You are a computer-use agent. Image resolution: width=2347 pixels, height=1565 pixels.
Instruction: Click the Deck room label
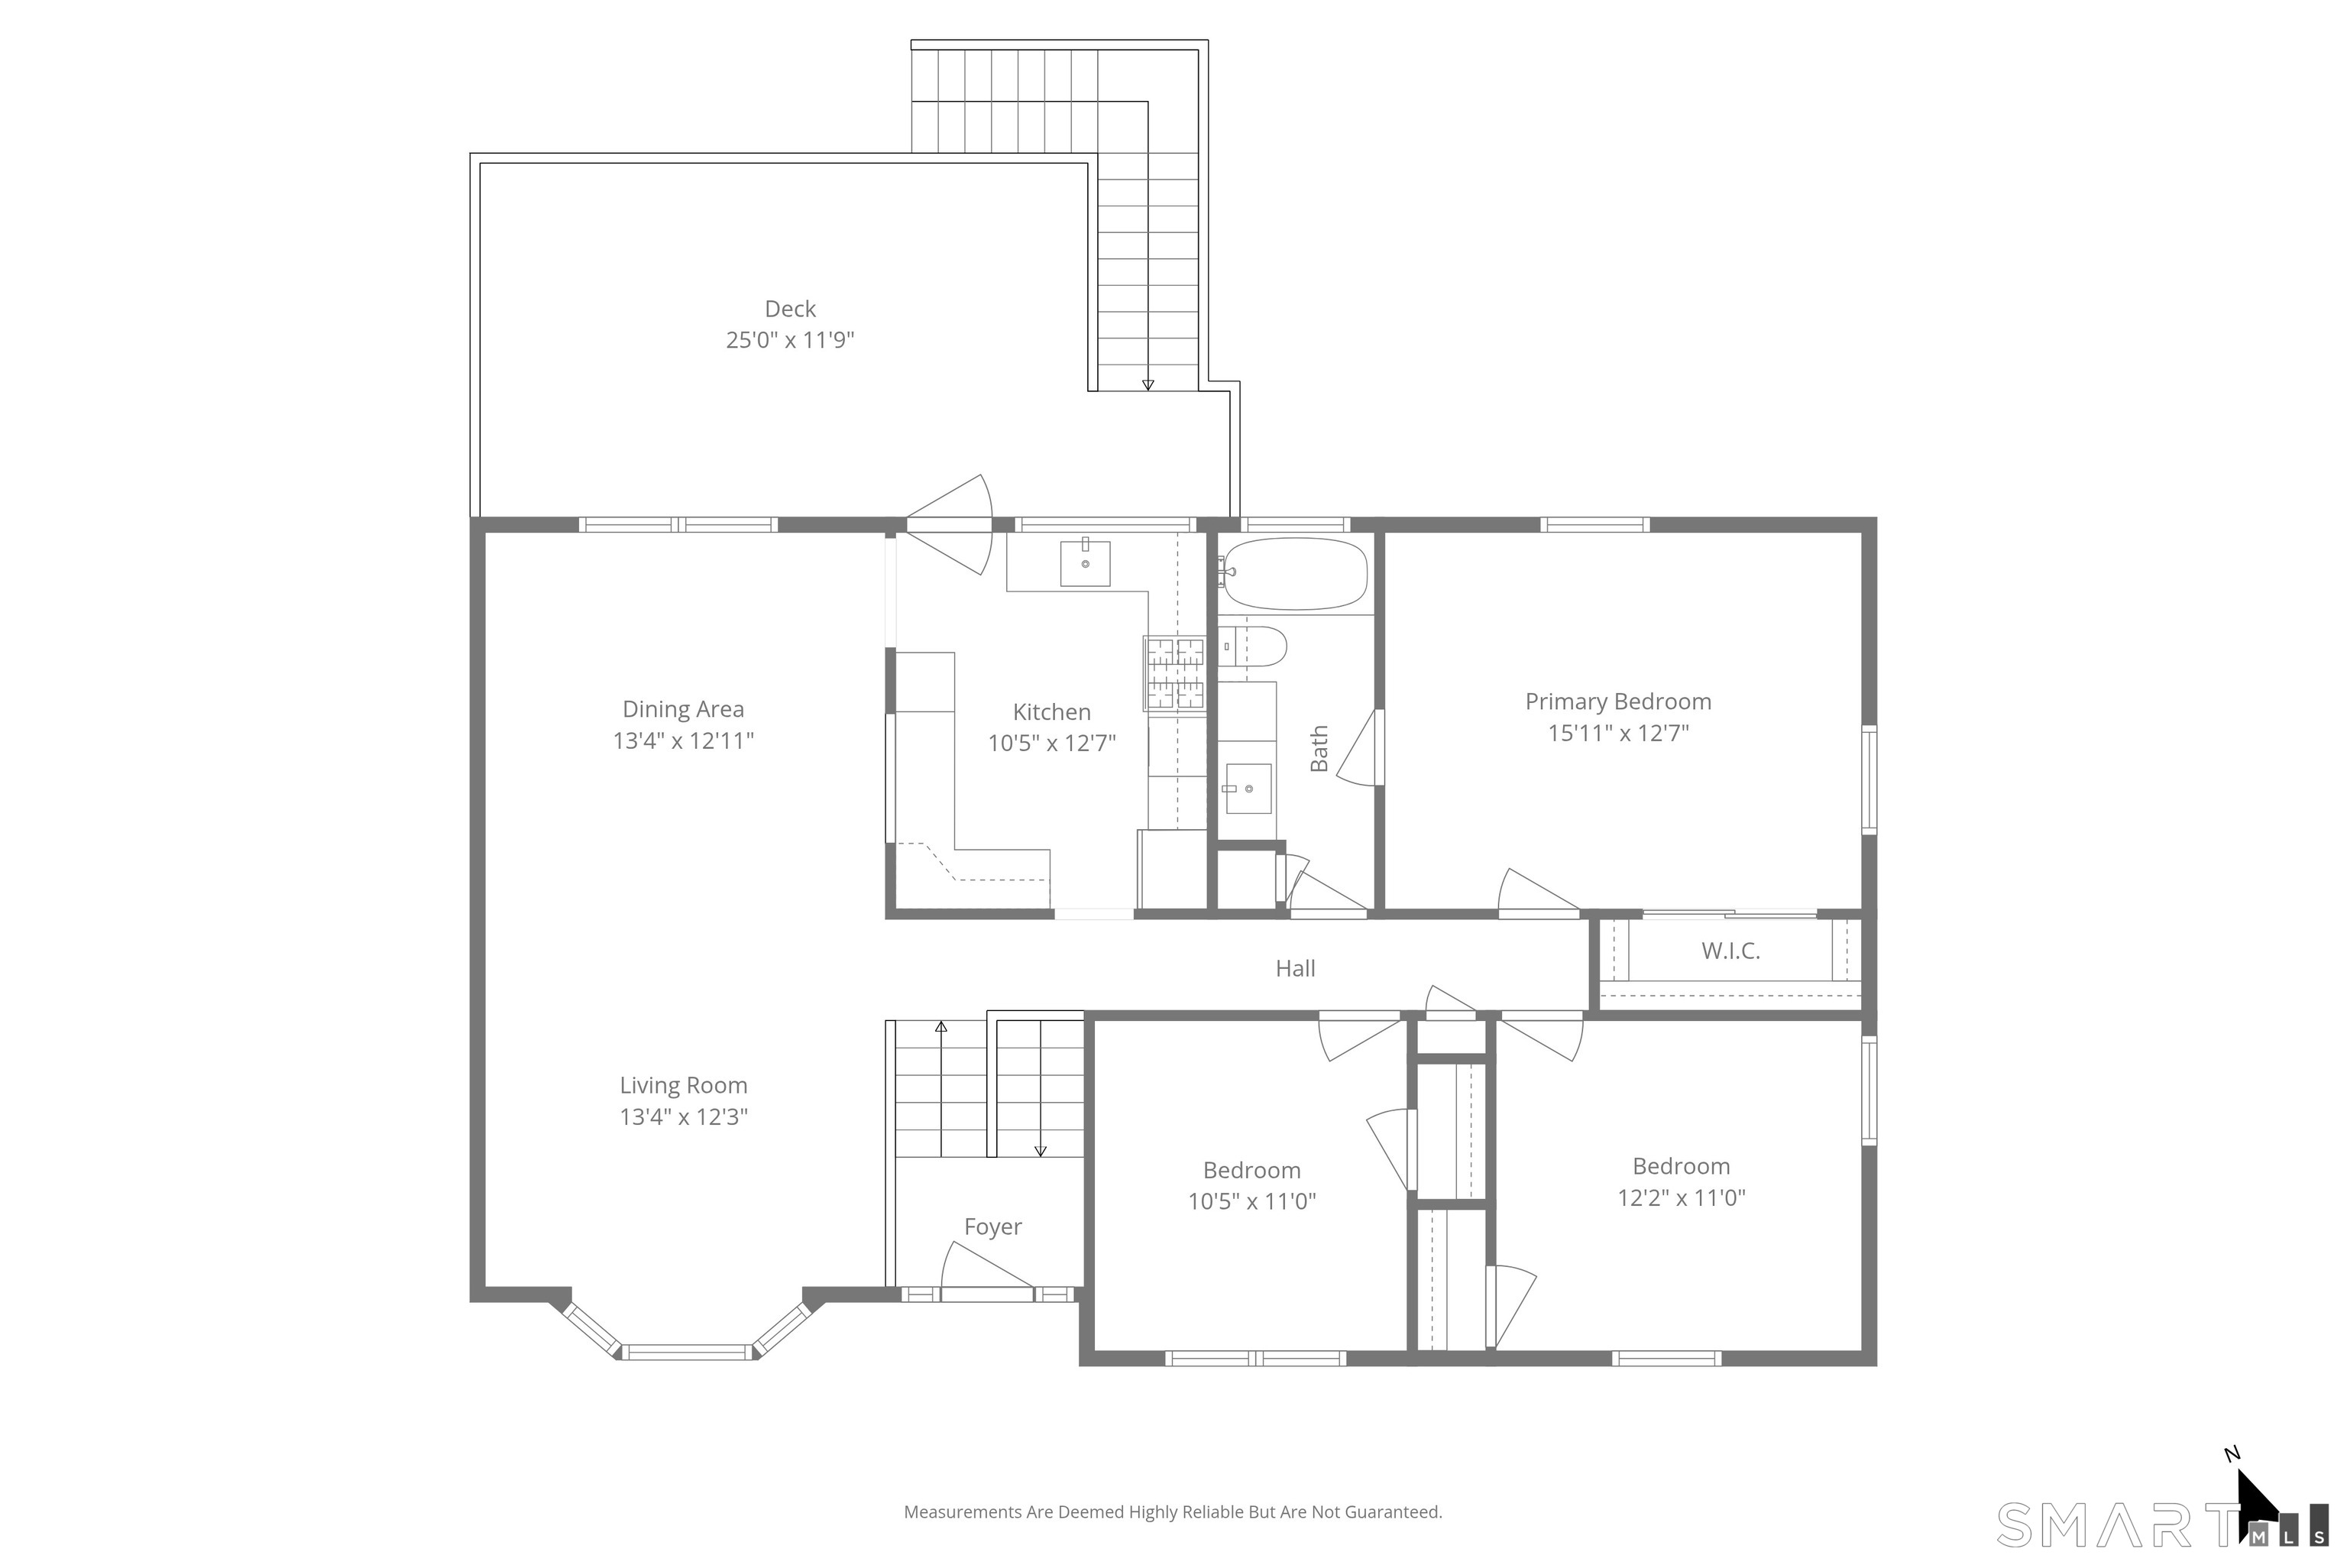(x=790, y=309)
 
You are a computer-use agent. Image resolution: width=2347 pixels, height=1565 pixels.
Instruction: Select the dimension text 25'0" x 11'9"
(x=790, y=340)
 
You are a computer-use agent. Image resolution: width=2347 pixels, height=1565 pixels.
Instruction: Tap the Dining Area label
(x=684, y=710)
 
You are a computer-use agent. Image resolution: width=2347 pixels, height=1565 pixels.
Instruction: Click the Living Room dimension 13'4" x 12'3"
(x=684, y=1117)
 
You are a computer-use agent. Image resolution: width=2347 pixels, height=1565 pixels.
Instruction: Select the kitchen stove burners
(x=1176, y=674)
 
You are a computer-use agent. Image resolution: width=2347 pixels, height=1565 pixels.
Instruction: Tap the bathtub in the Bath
(x=1295, y=574)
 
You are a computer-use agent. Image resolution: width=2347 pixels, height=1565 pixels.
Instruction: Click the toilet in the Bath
(x=1252, y=646)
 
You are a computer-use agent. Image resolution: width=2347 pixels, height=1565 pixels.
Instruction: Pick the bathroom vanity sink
(x=1248, y=789)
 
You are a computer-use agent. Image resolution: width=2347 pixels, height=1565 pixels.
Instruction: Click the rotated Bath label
(x=1319, y=749)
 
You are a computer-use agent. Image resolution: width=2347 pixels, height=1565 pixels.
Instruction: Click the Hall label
(x=1295, y=968)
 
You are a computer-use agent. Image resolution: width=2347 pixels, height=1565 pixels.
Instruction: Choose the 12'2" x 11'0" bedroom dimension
(x=1682, y=1197)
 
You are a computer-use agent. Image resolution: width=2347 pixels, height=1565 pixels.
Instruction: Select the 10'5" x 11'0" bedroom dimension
(x=1251, y=1202)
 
